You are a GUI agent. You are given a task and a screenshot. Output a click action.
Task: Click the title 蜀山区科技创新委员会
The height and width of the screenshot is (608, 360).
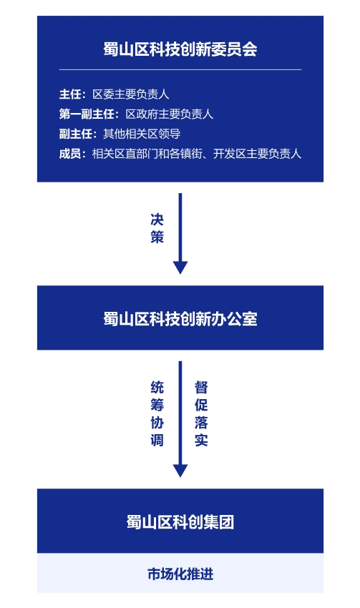180,49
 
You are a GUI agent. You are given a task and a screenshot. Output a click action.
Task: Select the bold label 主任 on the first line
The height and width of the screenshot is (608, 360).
70,94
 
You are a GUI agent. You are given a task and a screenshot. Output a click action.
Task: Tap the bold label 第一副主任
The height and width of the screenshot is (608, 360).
87,114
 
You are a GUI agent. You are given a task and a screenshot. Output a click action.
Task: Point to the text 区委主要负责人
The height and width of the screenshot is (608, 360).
131,94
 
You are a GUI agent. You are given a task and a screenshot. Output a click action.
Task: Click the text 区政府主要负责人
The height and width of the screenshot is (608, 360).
169,114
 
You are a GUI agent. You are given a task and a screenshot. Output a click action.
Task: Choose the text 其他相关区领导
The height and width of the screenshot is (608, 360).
142,134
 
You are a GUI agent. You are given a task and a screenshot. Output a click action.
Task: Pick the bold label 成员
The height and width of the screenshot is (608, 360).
70,154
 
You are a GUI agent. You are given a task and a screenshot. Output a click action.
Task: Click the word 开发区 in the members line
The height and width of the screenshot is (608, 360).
230,154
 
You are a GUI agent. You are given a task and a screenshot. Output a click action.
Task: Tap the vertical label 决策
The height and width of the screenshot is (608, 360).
157,228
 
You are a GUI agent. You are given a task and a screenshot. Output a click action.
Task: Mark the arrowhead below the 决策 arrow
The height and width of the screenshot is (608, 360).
180,268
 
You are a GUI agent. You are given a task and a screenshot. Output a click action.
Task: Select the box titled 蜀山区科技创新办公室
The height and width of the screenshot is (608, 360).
180,318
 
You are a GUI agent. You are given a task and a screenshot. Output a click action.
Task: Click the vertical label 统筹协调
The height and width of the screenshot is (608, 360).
157,413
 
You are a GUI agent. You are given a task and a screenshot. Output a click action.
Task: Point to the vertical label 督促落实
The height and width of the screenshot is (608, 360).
201,413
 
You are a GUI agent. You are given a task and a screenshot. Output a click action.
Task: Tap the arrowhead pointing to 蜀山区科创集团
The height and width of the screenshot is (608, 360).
180,471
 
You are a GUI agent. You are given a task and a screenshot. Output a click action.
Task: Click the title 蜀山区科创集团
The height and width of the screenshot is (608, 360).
180,522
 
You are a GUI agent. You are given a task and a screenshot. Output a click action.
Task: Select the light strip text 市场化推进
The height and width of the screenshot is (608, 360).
180,574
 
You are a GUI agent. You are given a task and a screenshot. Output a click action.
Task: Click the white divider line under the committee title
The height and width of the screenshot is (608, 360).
180,70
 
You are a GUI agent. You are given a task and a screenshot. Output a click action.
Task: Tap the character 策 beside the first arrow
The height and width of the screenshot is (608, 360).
157,237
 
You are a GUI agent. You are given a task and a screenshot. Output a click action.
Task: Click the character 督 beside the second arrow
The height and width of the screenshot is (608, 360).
201,388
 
